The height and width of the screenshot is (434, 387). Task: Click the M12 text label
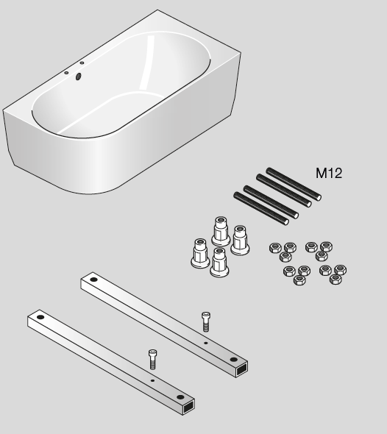329,174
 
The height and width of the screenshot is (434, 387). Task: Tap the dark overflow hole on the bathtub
78,77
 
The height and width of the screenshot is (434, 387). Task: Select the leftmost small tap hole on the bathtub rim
66,73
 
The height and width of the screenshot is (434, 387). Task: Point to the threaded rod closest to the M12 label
294,184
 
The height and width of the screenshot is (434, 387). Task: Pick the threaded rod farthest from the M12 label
261,208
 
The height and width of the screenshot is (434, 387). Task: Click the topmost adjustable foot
221,231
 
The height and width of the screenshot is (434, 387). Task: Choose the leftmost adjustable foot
200,253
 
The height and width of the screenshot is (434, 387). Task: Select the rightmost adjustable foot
240,240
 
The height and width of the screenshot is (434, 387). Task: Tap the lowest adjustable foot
219,262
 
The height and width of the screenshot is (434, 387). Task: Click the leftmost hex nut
275,248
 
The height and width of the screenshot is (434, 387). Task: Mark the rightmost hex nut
340,269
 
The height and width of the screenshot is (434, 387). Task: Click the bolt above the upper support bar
206,321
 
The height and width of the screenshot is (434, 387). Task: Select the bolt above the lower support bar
152,359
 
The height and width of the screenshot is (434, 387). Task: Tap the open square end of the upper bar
241,369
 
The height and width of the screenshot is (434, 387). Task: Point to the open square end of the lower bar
188,407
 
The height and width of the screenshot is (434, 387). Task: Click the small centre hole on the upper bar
206,344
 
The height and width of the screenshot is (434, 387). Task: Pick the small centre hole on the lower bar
152,380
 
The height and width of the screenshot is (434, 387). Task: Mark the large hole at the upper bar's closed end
93,280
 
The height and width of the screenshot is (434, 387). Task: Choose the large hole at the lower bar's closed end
40,317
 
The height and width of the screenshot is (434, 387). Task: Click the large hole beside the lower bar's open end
180,397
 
